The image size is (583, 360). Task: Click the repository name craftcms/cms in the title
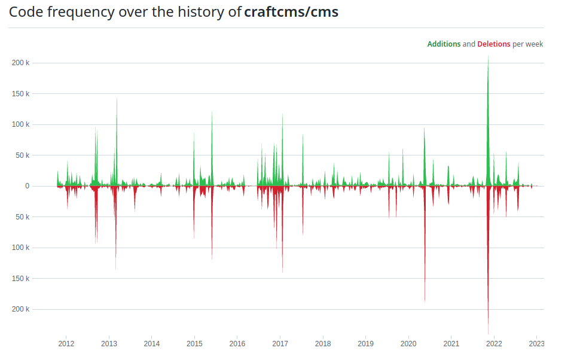point(291,12)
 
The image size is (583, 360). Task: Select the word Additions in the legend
point(444,44)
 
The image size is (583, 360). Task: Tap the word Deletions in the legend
point(494,44)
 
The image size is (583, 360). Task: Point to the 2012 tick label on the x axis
point(66,344)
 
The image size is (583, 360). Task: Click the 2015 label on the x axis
point(194,344)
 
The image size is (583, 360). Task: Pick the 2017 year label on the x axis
point(280,344)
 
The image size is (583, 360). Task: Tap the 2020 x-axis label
point(408,344)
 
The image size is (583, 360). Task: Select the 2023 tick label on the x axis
point(536,344)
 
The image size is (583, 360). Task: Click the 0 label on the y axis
point(27,186)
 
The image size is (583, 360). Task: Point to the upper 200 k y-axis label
point(20,63)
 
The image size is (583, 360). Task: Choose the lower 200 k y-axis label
point(20,309)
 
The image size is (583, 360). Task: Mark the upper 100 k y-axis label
point(20,124)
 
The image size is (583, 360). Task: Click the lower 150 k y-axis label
point(20,278)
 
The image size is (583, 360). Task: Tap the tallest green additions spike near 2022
point(488,57)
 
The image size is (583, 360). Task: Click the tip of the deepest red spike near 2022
point(488,332)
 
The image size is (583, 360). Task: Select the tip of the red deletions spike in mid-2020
point(425,301)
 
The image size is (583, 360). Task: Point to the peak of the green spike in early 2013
point(117,99)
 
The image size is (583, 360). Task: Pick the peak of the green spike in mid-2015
point(212,112)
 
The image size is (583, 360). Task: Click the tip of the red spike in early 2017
point(282,271)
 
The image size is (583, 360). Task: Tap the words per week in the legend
point(528,44)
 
